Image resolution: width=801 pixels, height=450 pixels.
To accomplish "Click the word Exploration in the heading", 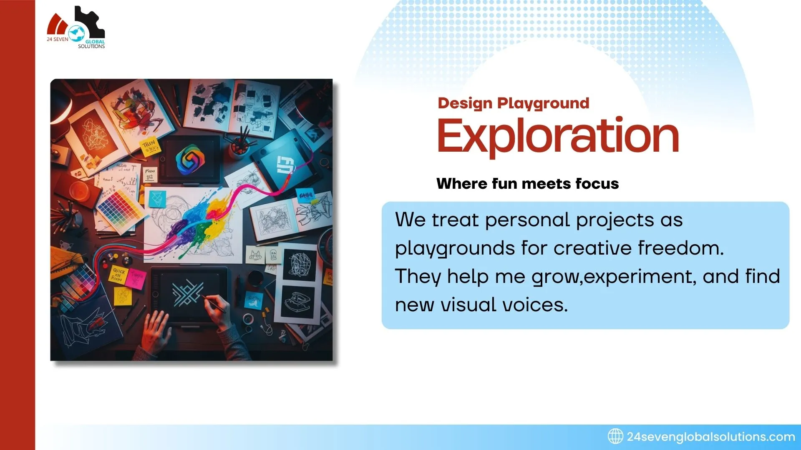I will tap(558, 136).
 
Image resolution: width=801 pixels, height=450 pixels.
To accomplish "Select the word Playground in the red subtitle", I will tap(543, 103).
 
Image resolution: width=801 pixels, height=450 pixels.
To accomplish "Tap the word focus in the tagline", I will tap(597, 184).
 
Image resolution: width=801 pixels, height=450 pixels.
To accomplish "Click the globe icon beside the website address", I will tap(615, 436).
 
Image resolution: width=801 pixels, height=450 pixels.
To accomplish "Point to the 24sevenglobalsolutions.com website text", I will tap(710, 437).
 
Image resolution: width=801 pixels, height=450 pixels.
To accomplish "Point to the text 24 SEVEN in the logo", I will tap(58, 39).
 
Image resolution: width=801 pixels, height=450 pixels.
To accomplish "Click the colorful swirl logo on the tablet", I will tap(190, 159).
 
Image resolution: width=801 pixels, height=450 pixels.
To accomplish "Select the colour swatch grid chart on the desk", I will tap(120, 209).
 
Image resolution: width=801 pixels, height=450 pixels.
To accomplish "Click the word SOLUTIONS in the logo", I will tap(91, 46).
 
